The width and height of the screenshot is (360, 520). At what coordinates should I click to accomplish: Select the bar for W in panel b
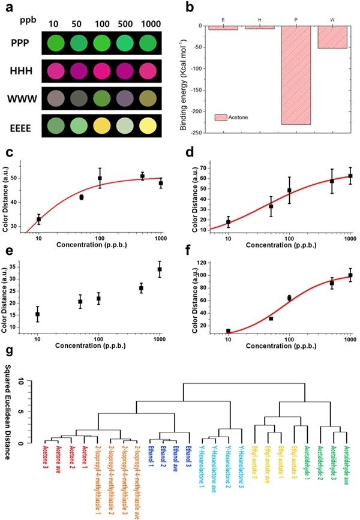(332, 37)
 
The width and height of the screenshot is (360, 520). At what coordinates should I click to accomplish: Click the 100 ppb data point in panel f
(289, 297)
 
